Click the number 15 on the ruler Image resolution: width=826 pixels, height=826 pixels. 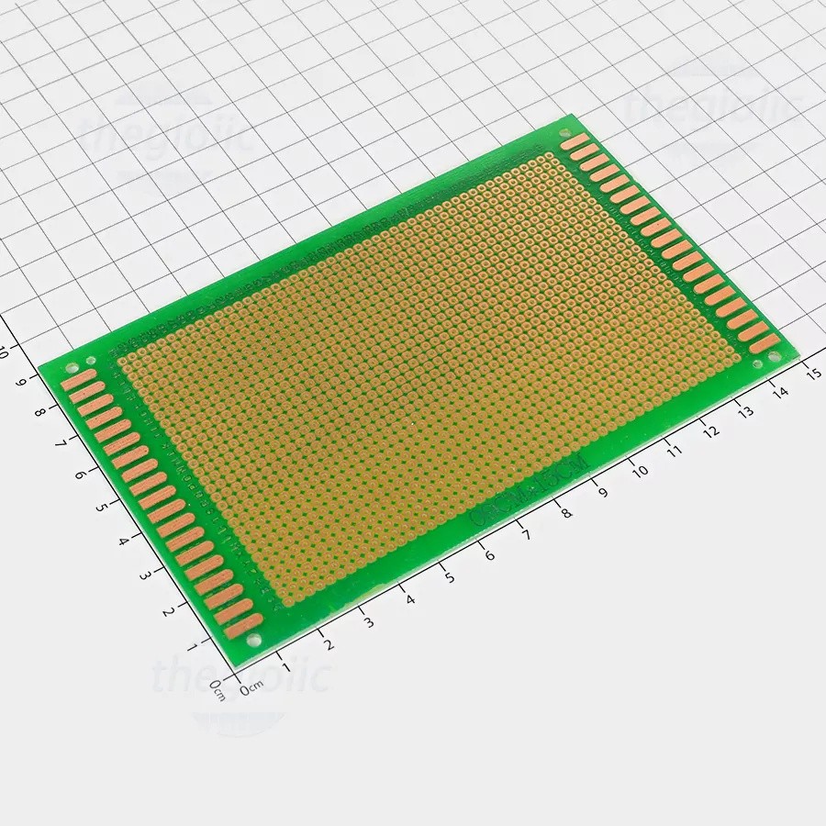pos(811,372)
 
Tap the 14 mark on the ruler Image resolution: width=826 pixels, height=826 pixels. pos(779,392)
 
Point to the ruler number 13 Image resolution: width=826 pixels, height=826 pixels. pos(744,412)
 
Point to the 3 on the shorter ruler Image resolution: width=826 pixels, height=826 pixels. pos(144,575)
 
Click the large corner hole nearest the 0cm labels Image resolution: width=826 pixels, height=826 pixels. pos(253,640)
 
